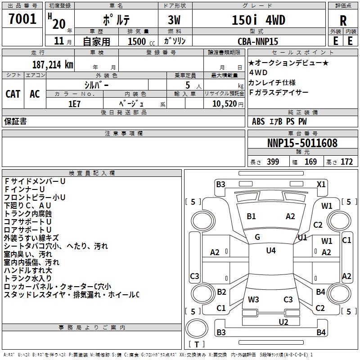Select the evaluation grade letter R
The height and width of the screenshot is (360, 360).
(x=343, y=21)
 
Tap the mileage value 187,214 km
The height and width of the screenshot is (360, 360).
(x=52, y=64)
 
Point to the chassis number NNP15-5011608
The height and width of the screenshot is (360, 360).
(x=302, y=144)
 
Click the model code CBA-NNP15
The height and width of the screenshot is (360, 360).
(x=257, y=41)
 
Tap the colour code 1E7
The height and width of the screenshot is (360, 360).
(x=75, y=103)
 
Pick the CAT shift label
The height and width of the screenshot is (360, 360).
(x=13, y=94)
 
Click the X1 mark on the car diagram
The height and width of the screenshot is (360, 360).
(x=321, y=184)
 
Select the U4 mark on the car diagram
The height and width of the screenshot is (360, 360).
(x=270, y=251)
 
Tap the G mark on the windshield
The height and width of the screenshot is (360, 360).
(x=257, y=237)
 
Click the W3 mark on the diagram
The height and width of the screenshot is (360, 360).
(x=253, y=299)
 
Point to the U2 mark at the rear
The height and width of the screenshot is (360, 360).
(x=283, y=322)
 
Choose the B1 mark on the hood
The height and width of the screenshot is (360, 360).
(x=251, y=216)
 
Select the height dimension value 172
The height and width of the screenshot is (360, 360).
(x=346, y=162)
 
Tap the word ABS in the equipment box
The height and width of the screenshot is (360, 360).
(x=258, y=121)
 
